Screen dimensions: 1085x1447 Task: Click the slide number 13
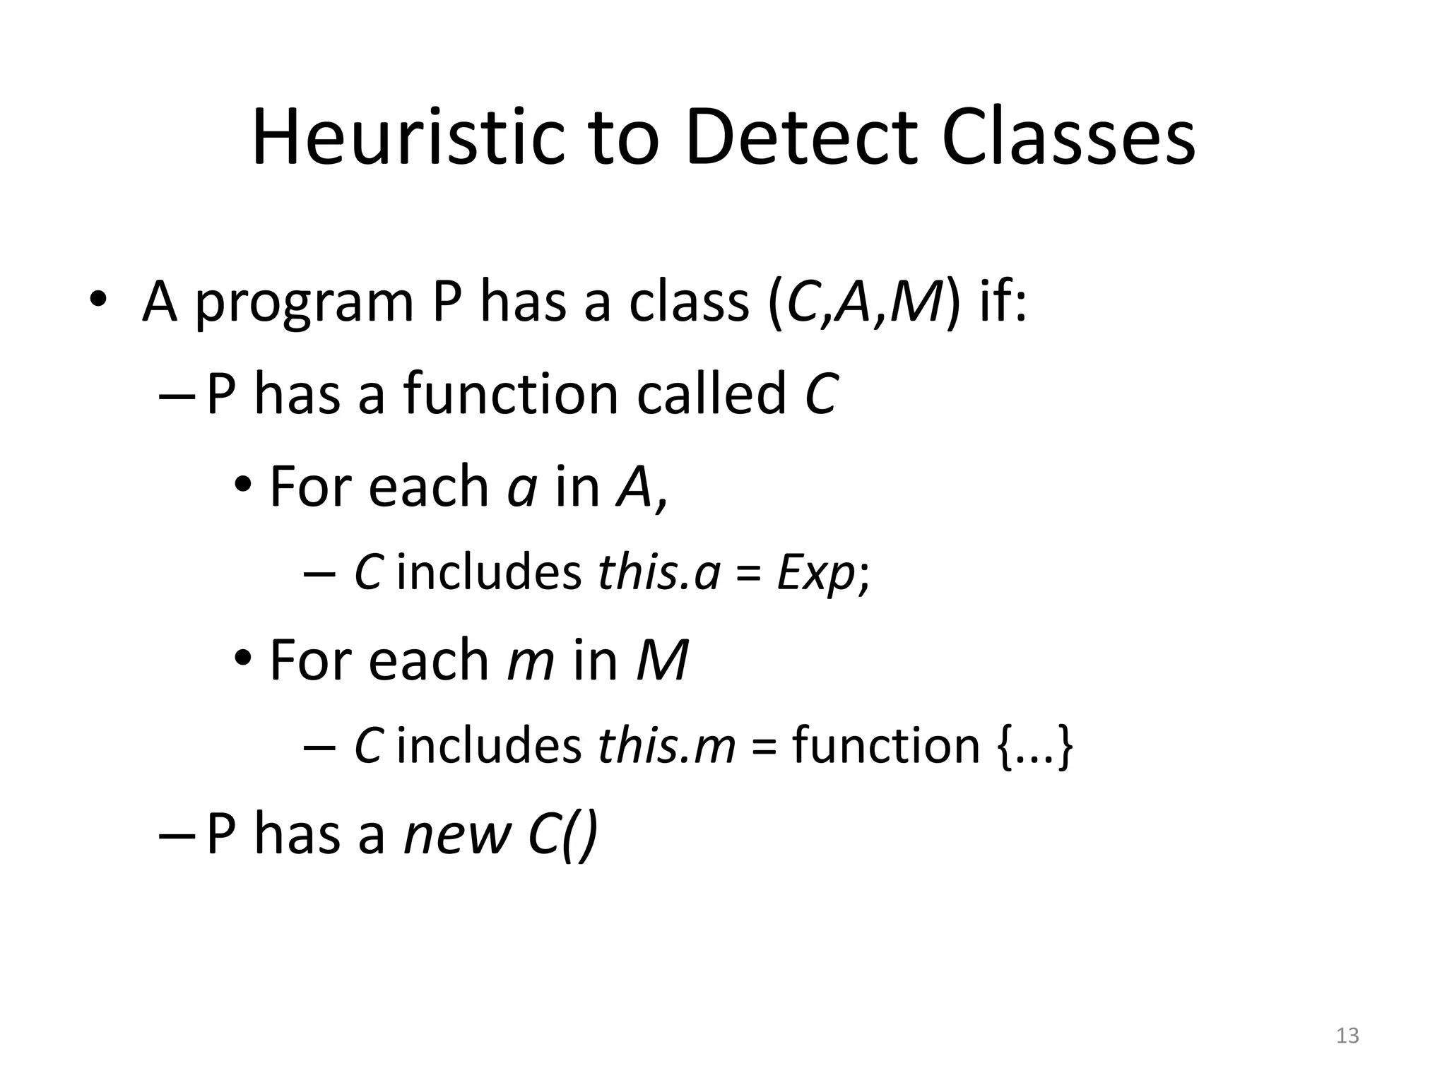click(x=1347, y=1036)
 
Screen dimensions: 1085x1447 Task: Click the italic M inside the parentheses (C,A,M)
click(x=916, y=302)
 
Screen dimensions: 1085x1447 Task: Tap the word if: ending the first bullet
click(x=1002, y=302)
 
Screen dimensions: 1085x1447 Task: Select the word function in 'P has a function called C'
click(x=511, y=393)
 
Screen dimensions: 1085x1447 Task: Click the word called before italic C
click(x=711, y=393)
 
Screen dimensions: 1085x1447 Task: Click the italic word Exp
click(x=815, y=574)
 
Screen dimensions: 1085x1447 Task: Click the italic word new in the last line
click(x=456, y=835)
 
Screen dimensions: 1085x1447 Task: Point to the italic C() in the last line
click(x=562, y=835)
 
